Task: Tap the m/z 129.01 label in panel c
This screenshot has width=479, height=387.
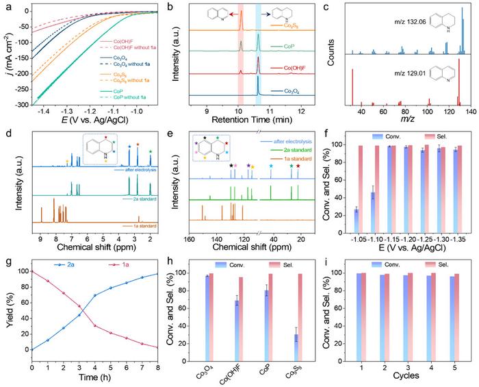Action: (385, 75)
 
